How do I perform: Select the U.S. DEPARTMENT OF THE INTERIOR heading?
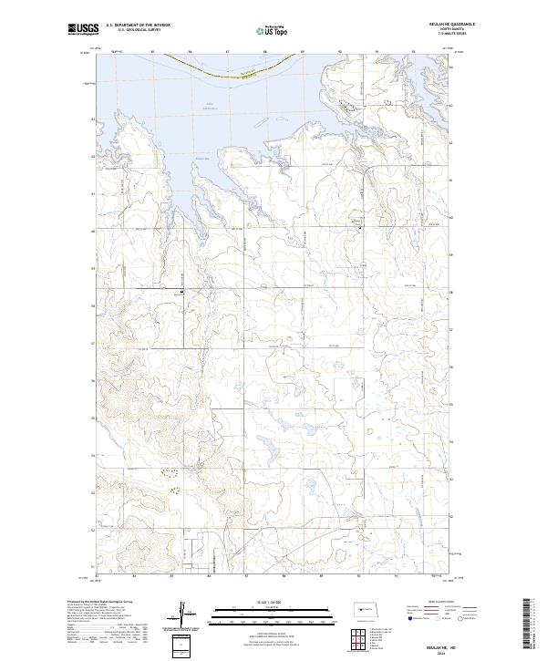coord(138,26)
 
